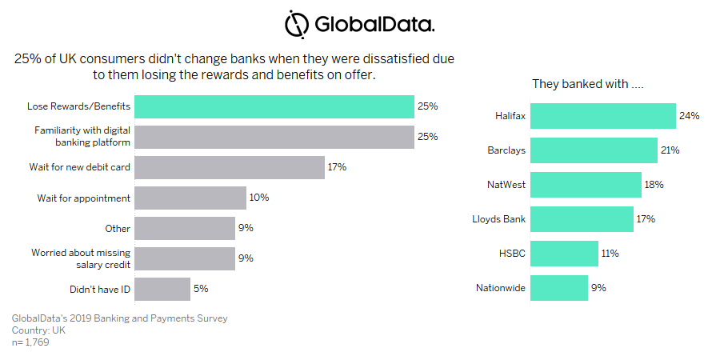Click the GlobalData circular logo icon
click(x=297, y=23)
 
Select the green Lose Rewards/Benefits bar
click(x=274, y=106)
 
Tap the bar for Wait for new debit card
click(x=229, y=167)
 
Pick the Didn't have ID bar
click(x=162, y=289)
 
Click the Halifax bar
click(x=603, y=116)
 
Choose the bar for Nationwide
click(x=559, y=288)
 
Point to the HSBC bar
click(x=565, y=254)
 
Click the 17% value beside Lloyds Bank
click(x=646, y=219)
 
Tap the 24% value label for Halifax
click(x=689, y=116)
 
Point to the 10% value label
click(x=258, y=198)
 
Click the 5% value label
click(x=201, y=289)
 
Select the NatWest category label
click(x=506, y=185)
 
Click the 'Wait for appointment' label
click(x=84, y=198)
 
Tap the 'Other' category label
click(x=118, y=228)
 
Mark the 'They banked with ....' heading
click(x=589, y=84)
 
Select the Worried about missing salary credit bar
click(x=185, y=258)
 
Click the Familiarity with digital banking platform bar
click(x=274, y=137)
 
